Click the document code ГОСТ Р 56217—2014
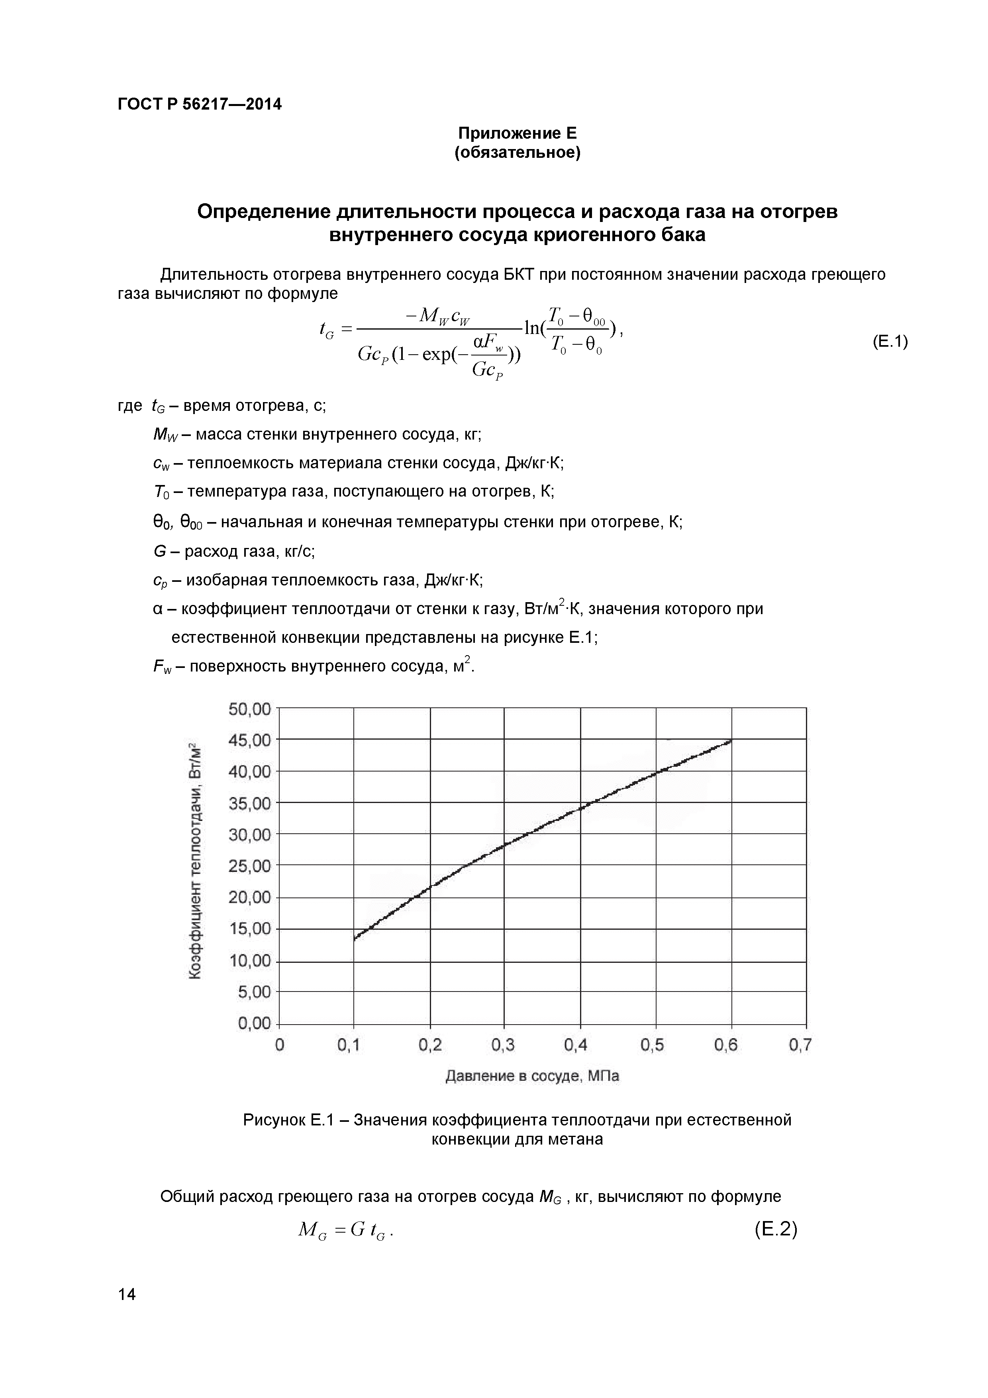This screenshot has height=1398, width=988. (x=199, y=104)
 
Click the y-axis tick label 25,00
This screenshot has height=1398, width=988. (x=249, y=866)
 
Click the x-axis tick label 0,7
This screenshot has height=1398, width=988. (x=800, y=1045)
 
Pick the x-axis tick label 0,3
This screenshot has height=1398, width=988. (x=503, y=1045)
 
